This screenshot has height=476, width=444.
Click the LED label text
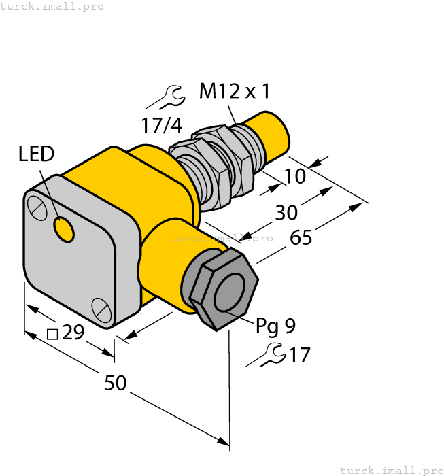(36, 154)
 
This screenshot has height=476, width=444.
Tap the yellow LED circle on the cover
(64, 231)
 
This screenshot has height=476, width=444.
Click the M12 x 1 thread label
(234, 91)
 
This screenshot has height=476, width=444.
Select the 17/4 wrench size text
(161, 126)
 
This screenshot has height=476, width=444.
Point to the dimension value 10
(295, 176)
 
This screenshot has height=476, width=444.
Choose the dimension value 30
(286, 213)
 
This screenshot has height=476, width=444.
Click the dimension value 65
(301, 238)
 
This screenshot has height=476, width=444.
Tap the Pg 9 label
(275, 326)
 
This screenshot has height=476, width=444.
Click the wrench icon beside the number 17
(266, 354)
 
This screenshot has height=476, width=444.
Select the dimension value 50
(115, 383)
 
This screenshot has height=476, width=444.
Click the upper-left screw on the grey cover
(38, 206)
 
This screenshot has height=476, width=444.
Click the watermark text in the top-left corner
(52, 6)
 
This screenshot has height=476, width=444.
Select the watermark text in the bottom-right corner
(391, 470)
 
